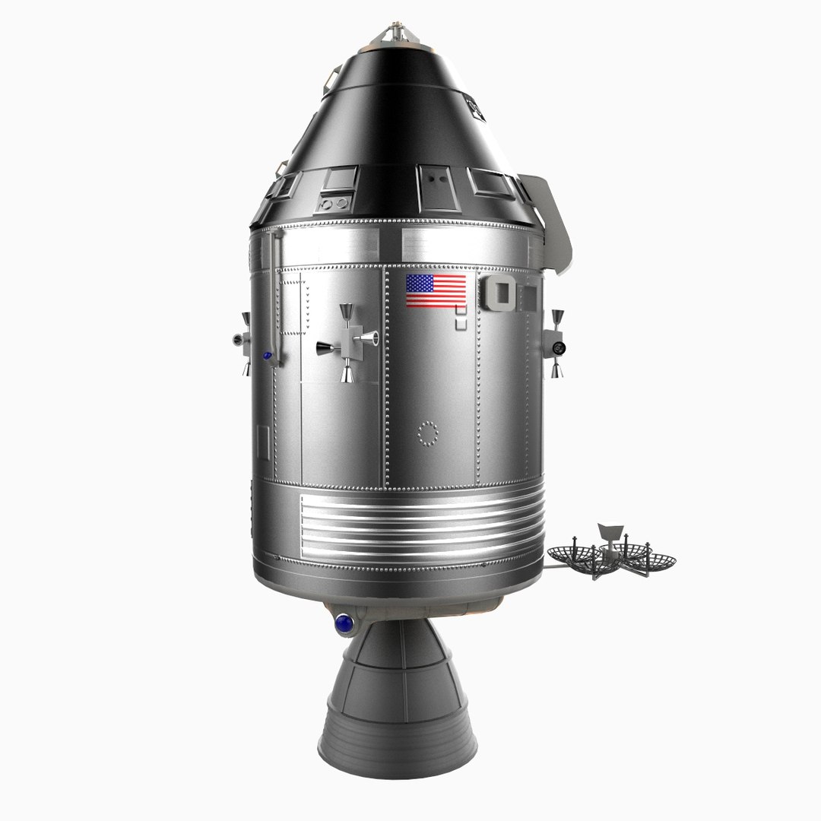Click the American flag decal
(x=436, y=291)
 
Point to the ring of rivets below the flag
(x=428, y=433)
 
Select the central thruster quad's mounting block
(x=350, y=342)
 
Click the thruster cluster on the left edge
(x=242, y=342)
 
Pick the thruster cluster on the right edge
(x=556, y=344)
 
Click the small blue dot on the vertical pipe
(x=267, y=355)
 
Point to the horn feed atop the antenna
(x=608, y=531)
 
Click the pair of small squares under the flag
(x=460, y=318)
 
